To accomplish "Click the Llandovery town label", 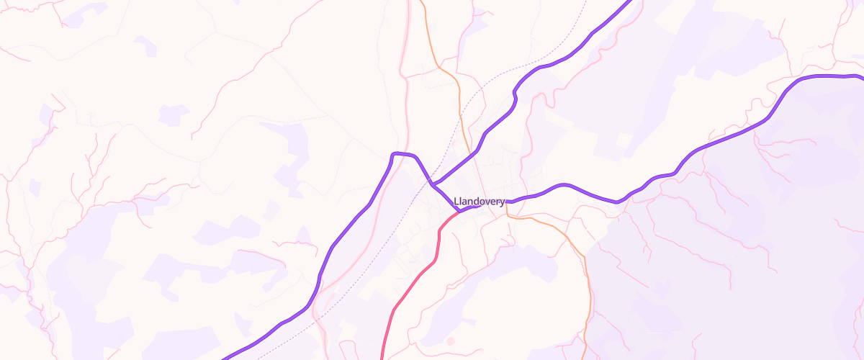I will tap(480, 202).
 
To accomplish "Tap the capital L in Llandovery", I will tap(457, 202).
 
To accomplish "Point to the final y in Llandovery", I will tap(502, 202).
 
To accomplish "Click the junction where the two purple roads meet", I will tap(433, 184).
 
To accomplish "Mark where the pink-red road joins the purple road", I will tap(458, 212).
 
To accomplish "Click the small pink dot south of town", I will tap(451, 341).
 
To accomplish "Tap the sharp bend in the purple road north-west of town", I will tap(395, 154).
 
